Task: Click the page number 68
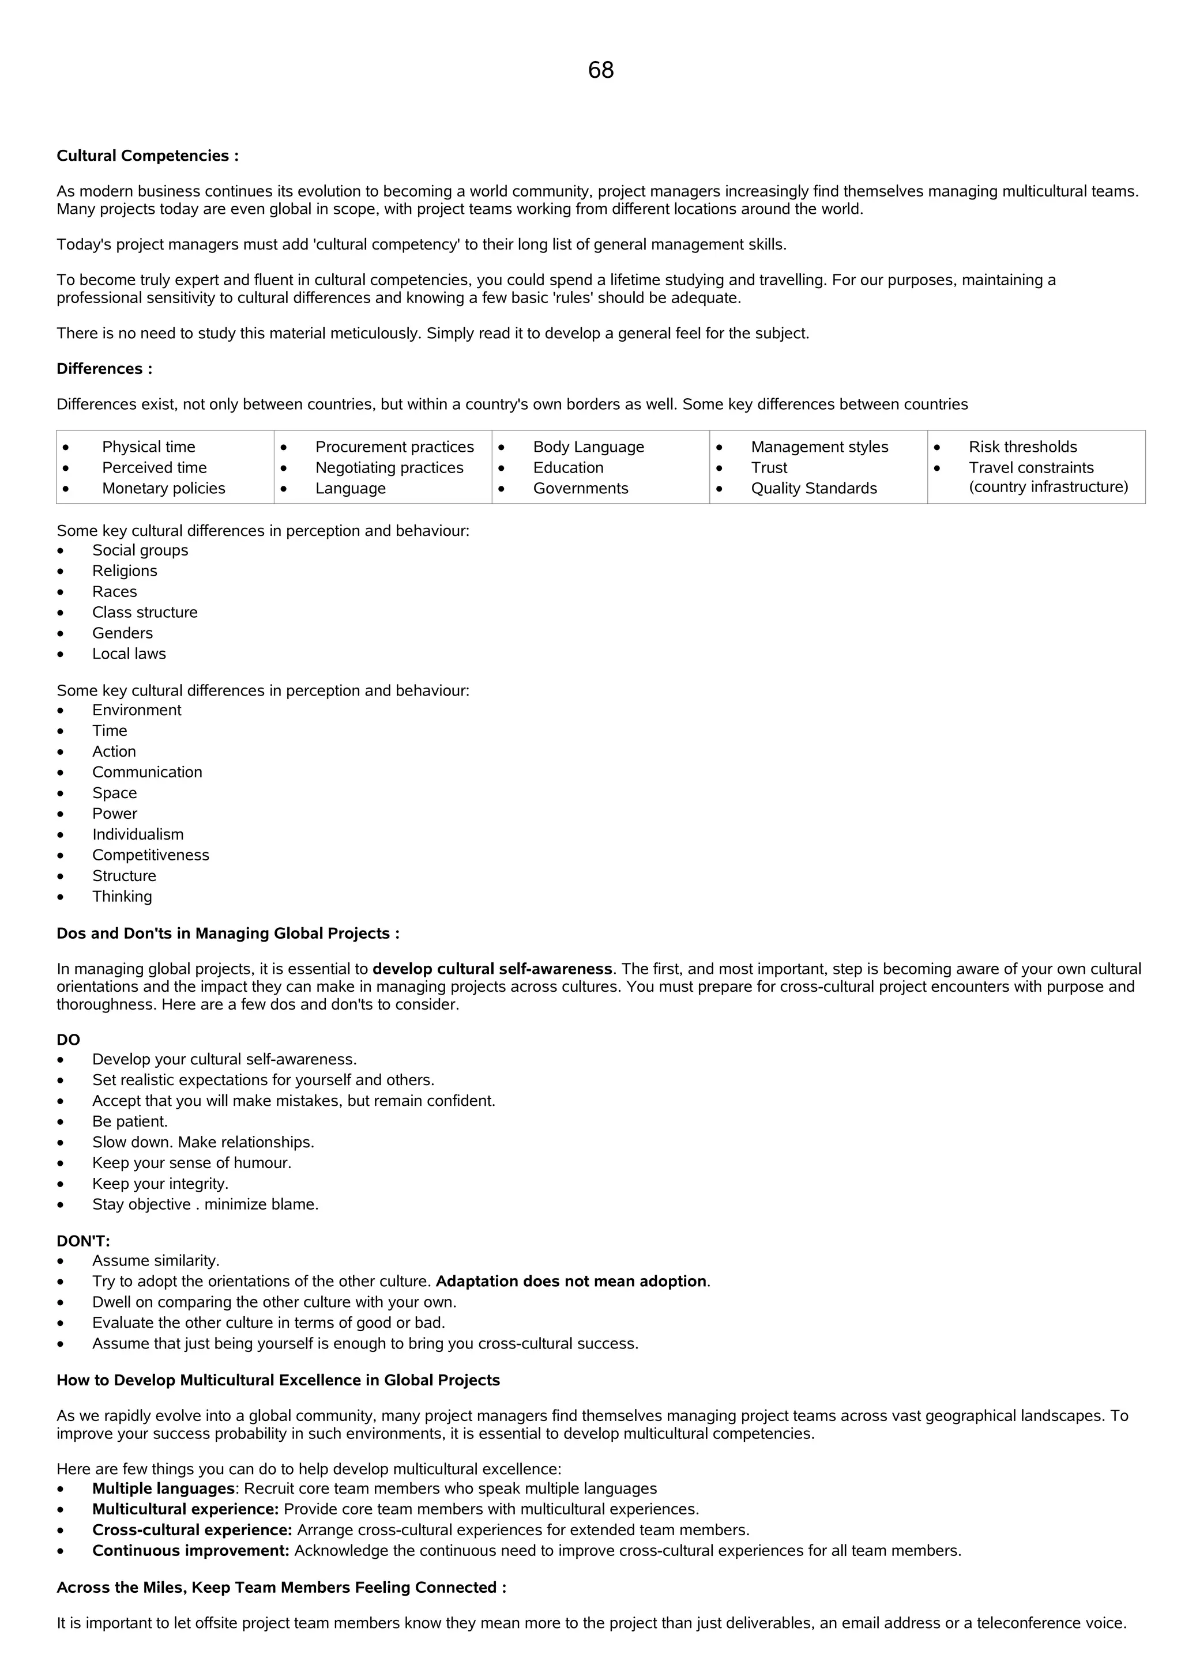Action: click(x=600, y=70)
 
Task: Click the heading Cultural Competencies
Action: click(x=147, y=156)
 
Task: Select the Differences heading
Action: click(x=104, y=369)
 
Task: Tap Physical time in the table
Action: click(x=148, y=447)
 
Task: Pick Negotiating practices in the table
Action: click(x=389, y=468)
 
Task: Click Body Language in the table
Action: click(x=588, y=447)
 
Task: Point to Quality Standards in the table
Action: click(x=814, y=488)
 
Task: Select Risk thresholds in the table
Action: click(x=1022, y=447)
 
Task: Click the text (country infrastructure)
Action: click(x=1048, y=486)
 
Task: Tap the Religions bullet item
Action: click(x=125, y=571)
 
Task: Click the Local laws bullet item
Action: click(x=129, y=654)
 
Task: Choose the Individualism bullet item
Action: click(x=137, y=834)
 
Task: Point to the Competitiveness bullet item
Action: click(x=151, y=855)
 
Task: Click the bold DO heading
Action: click(x=69, y=1040)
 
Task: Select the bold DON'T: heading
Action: click(x=83, y=1241)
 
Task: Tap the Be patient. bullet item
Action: click(x=130, y=1121)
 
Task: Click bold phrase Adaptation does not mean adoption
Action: click(x=572, y=1281)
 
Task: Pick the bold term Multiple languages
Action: click(x=163, y=1489)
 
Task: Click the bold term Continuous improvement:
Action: click(x=191, y=1551)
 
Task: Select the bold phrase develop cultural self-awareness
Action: click(x=492, y=969)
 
